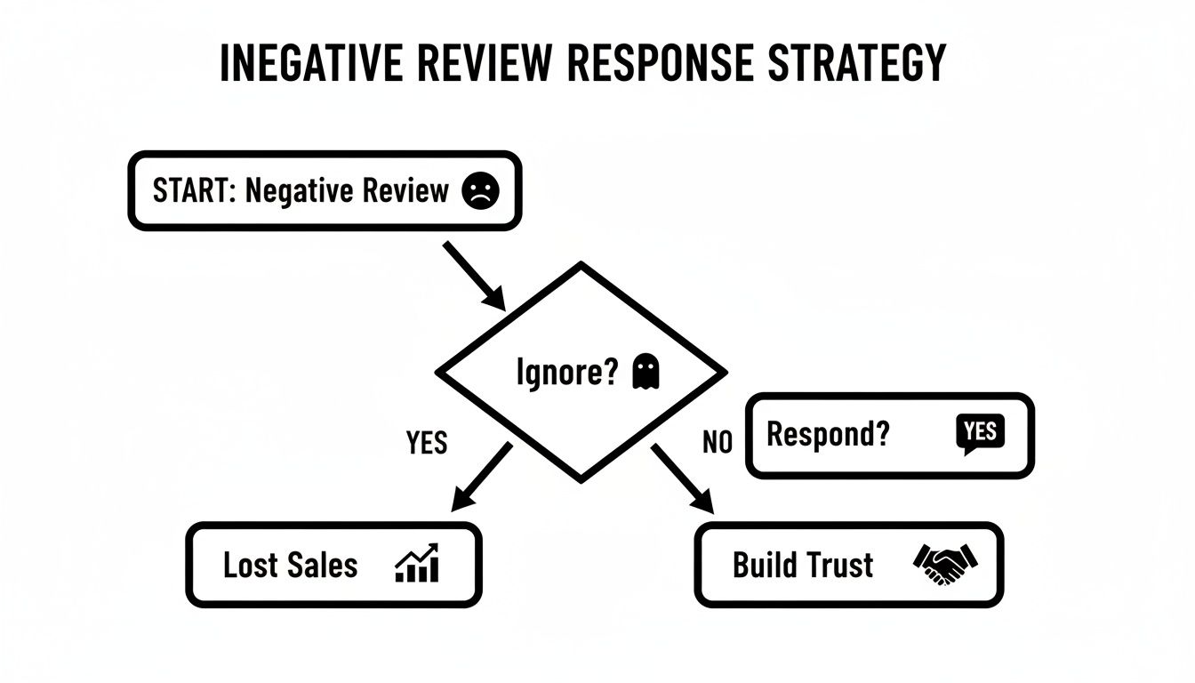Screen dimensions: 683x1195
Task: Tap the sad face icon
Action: [481, 190]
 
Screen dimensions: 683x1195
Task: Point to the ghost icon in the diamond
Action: [645, 372]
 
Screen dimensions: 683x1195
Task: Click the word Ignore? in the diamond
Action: [566, 373]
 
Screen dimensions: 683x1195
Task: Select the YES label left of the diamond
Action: [427, 442]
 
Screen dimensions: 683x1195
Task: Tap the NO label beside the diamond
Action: [717, 442]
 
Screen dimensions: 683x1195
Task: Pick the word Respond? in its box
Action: [827, 435]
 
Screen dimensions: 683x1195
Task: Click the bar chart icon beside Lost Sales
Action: [417, 564]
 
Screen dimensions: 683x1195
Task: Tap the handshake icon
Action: [944, 564]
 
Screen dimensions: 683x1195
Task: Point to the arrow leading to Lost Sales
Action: [481, 477]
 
